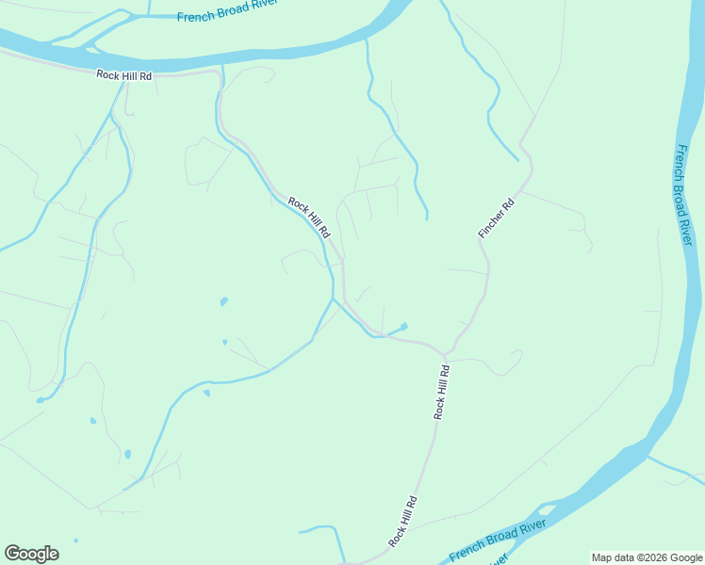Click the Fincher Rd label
point(497,218)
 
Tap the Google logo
point(31,554)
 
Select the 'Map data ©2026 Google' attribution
point(648,557)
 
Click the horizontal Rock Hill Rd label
point(123,75)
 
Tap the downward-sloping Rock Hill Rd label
point(309,218)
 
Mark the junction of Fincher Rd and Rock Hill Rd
point(444,354)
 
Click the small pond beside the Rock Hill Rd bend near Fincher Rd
point(403,327)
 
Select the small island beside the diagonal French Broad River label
point(547,509)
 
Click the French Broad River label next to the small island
point(498,538)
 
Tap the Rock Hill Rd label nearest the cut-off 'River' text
point(402,522)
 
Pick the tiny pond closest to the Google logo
point(76,541)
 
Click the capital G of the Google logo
point(12,553)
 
